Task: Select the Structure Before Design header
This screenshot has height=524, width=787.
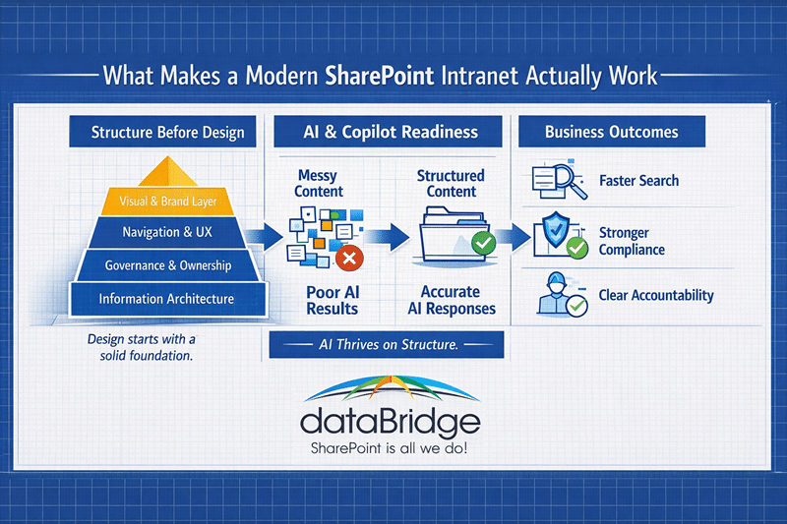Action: tap(167, 132)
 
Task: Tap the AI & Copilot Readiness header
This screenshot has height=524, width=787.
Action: tap(391, 132)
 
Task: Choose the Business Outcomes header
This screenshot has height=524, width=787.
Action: tap(611, 132)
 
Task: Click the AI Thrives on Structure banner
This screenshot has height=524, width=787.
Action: tap(386, 345)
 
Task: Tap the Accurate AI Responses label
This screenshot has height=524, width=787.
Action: tap(452, 300)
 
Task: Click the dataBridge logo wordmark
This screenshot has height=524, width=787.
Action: tap(391, 421)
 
